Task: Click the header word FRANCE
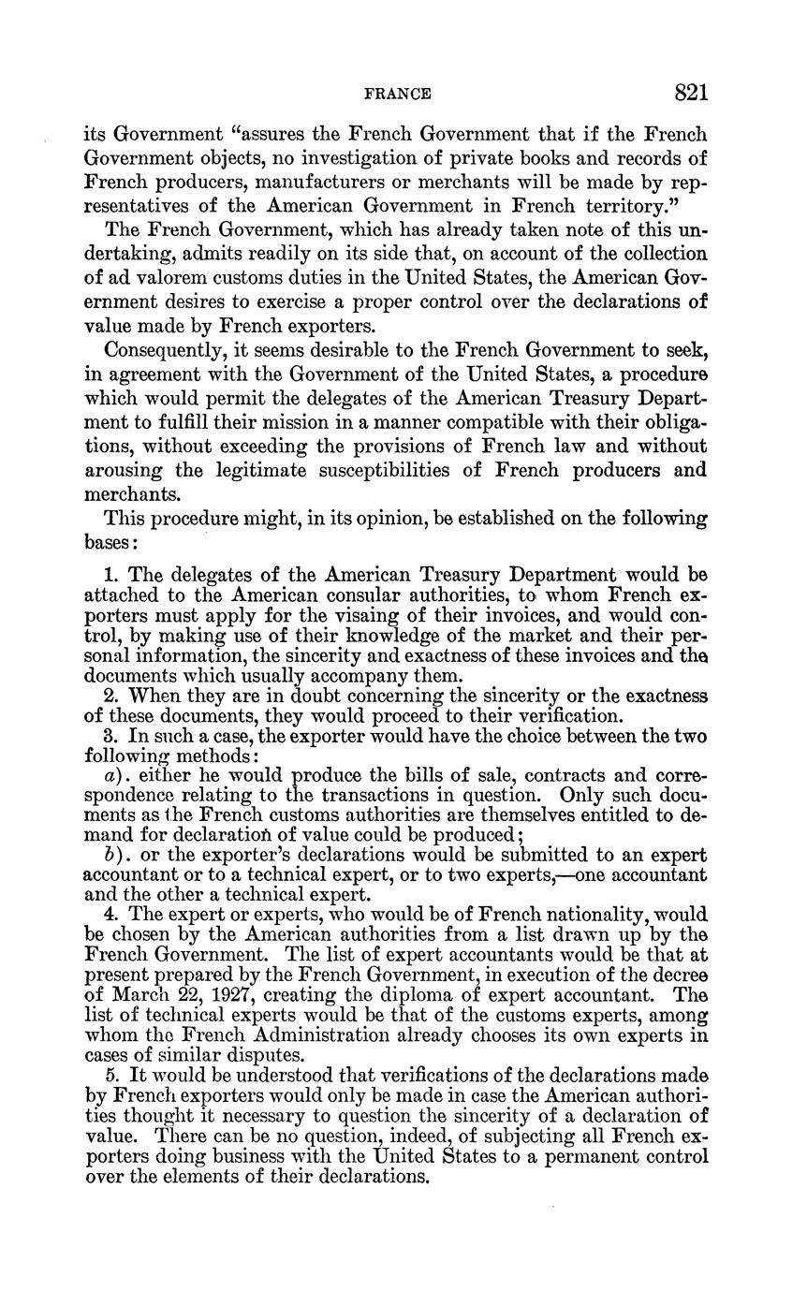coord(397,94)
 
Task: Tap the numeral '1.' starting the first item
coord(111,575)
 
